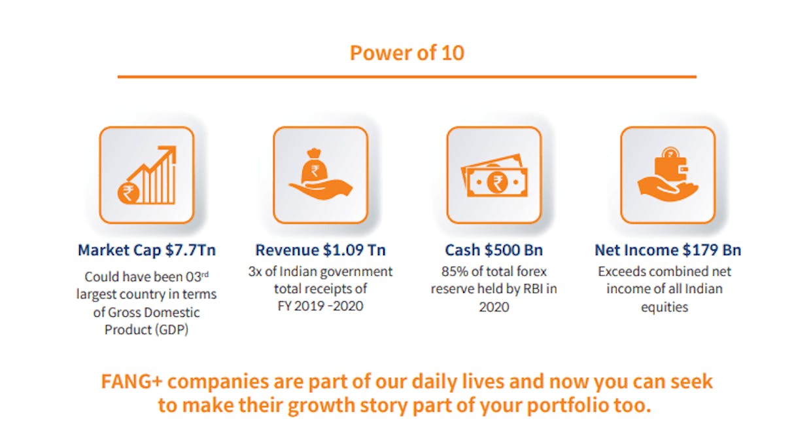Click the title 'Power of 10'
[407, 53]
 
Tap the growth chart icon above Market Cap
[147, 175]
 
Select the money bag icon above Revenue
[320, 175]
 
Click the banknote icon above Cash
[494, 175]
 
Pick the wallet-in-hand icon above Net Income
[668, 175]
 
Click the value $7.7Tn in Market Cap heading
[190, 250]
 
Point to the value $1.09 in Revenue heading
[343, 250]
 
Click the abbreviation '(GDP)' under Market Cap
[171, 330]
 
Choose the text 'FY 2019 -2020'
[320, 306]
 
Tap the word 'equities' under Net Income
[664, 307]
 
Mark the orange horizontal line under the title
[407, 77]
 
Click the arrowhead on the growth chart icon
[169, 153]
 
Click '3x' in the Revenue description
[255, 271]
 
